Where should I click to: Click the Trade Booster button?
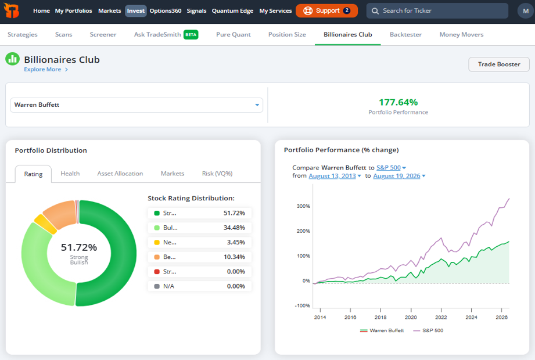coord(499,64)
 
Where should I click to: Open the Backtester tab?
coord(405,34)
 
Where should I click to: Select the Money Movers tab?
coord(461,34)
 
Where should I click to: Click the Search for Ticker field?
coord(437,11)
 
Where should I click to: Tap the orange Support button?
coord(326,10)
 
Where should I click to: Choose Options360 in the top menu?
coord(166,11)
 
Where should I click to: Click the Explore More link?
coord(42,69)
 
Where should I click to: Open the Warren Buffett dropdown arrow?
coord(257,105)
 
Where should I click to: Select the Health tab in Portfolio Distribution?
coord(70,174)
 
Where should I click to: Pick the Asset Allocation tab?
coord(120,174)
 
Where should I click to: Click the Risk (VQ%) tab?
coord(217,174)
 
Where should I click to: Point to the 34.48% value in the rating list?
coord(234,228)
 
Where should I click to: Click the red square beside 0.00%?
coord(157,272)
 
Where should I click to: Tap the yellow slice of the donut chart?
coord(46,224)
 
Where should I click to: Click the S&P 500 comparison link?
coord(388,167)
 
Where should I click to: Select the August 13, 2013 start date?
coord(332,176)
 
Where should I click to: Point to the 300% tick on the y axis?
coord(303,206)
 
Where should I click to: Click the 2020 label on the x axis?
coord(411,317)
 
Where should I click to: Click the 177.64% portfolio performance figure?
coord(398,102)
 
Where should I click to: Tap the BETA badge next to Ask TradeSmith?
coord(191,34)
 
